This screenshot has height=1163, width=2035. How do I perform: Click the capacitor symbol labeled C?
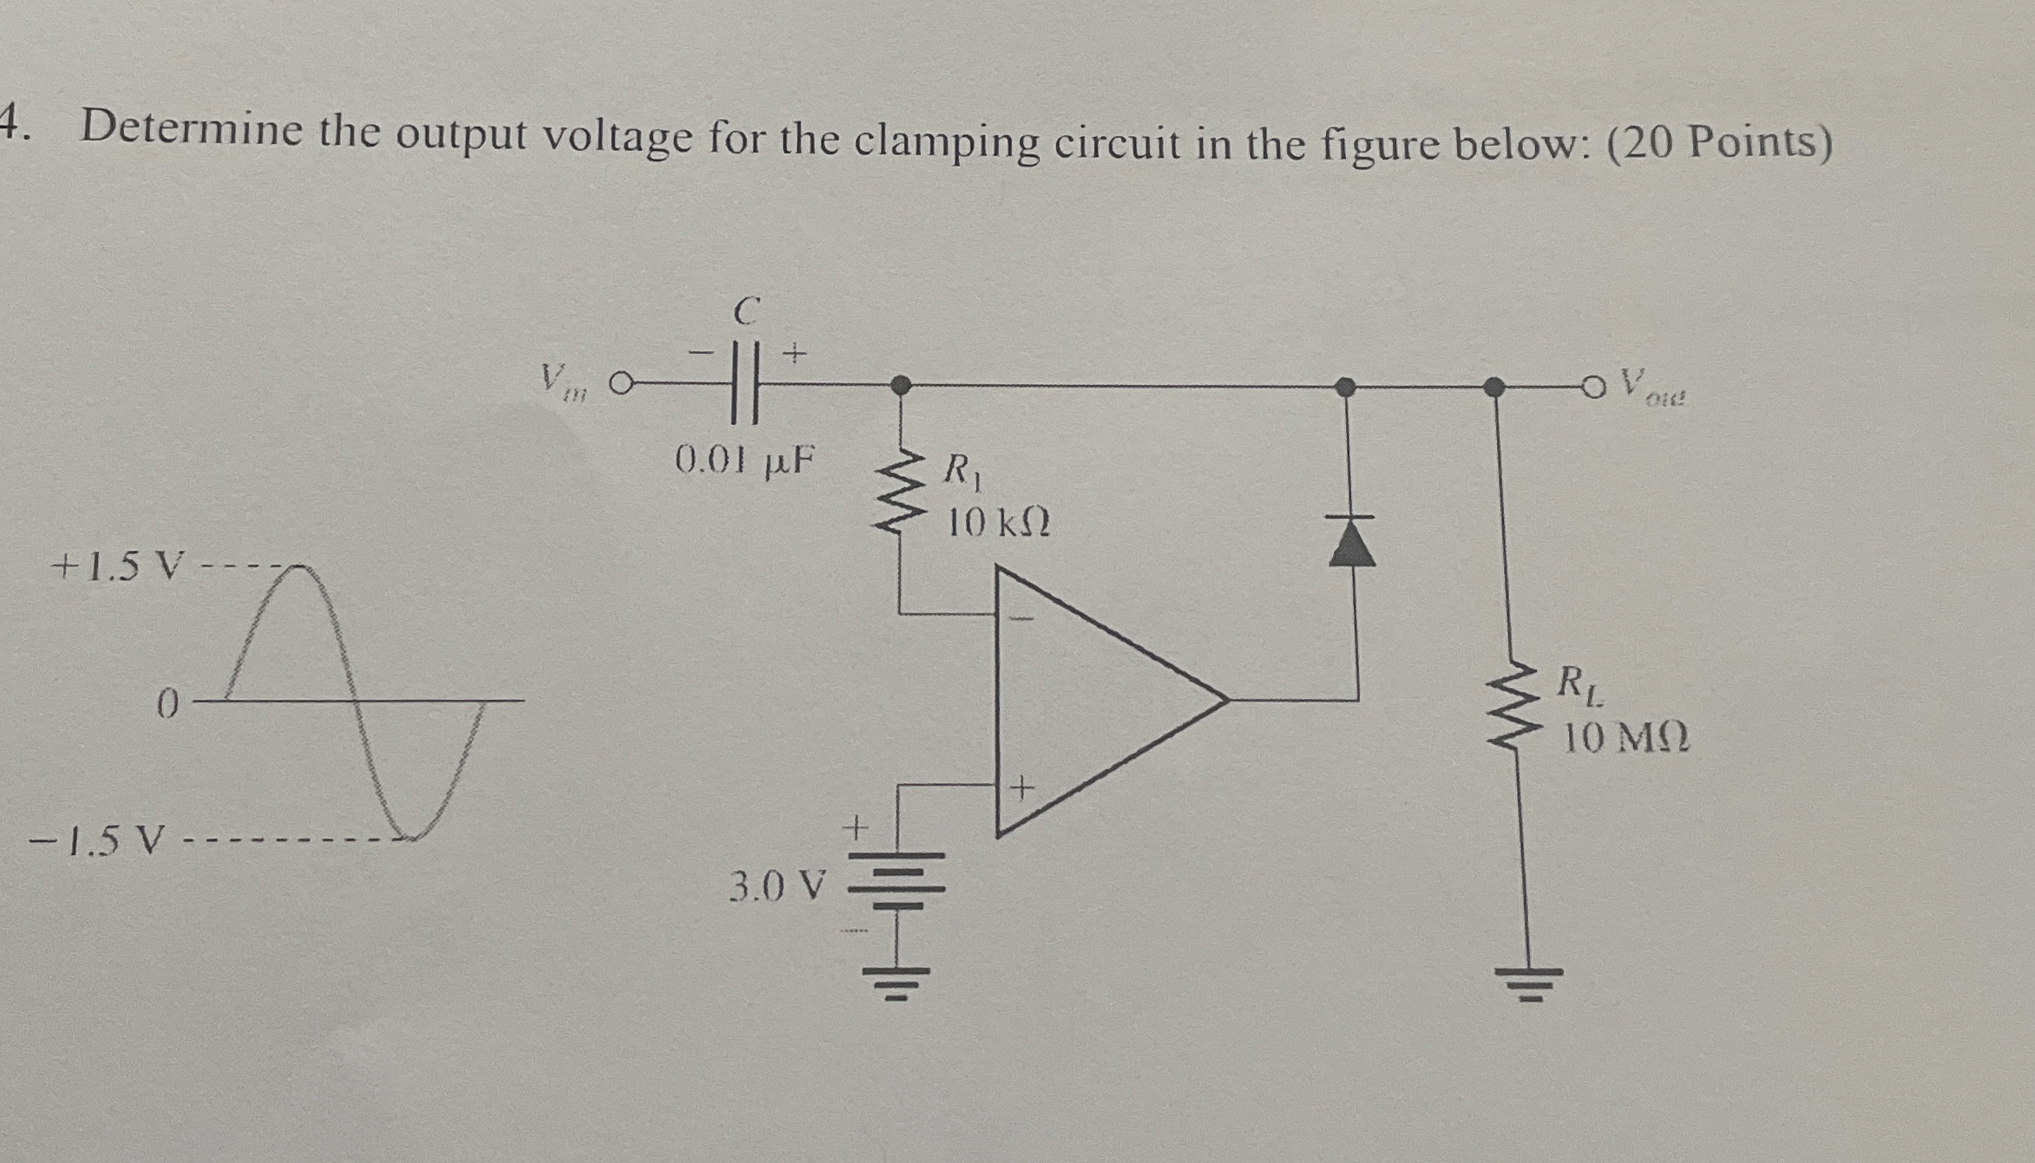click(x=745, y=383)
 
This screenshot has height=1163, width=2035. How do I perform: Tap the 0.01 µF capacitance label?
click(x=745, y=460)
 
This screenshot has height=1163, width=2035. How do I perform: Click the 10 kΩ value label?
click(x=998, y=522)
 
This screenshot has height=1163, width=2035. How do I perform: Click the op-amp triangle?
click(x=1102, y=701)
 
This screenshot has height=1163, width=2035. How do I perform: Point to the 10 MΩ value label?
click(x=1626, y=739)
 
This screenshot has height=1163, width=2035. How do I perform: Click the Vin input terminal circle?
click(x=619, y=382)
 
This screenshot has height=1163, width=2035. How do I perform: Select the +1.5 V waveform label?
click(x=119, y=567)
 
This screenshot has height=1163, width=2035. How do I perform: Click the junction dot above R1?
click(x=901, y=384)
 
